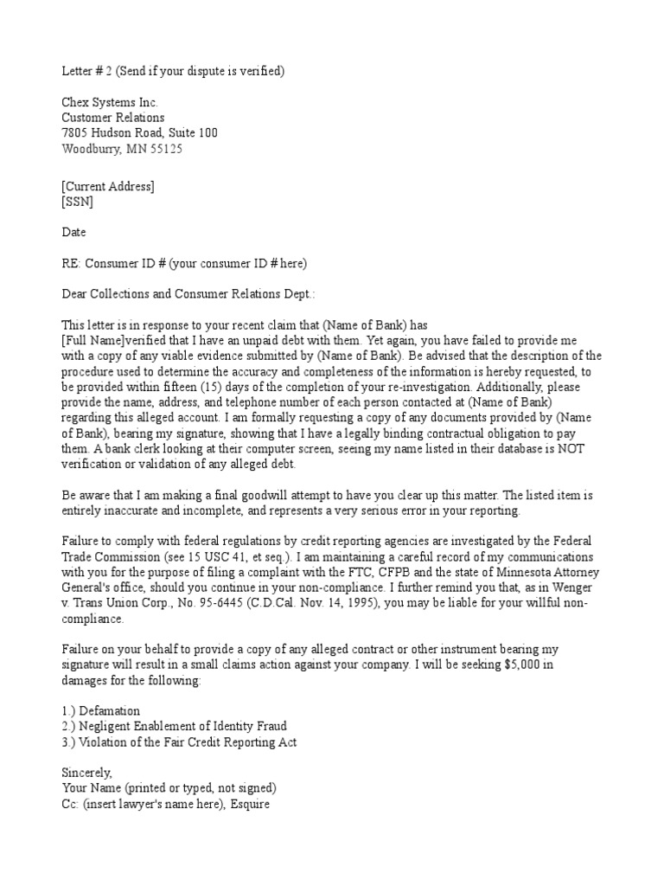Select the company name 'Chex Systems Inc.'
pyautogui.click(x=110, y=102)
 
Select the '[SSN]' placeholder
pyautogui.click(x=78, y=202)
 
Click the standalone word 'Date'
pyautogui.click(x=73, y=233)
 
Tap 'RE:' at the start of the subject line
pyautogui.click(x=72, y=264)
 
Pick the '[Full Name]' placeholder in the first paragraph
pyautogui.click(x=94, y=341)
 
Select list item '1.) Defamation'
pyautogui.click(x=100, y=710)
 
